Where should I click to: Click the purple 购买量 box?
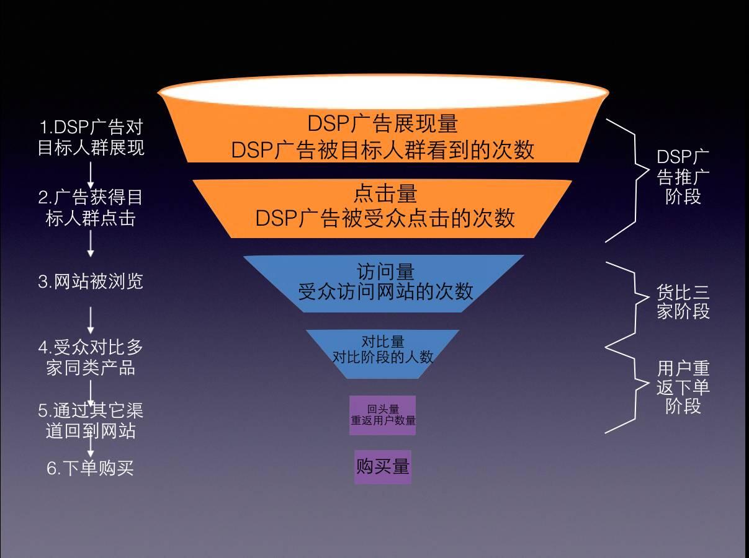pyautogui.click(x=382, y=467)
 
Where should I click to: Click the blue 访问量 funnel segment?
pyautogui.click(x=384, y=283)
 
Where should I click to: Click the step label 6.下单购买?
pyautogui.click(x=91, y=468)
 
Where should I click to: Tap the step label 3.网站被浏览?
pyautogui.click(x=91, y=281)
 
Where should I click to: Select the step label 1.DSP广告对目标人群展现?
pyautogui.click(x=91, y=138)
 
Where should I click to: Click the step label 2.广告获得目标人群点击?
pyautogui.click(x=91, y=208)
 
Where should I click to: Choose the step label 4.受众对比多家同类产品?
pyautogui.click(x=91, y=356)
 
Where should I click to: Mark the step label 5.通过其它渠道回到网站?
pyautogui.click(x=91, y=420)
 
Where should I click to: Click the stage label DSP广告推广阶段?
pyautogui.click(x=683, y=177)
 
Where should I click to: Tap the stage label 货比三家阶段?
pyautogui.click(x=683, y=301)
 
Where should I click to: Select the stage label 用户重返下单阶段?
pyautogui.click(x=683, y=387)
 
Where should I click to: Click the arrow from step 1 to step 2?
pyautogui.click(x=91, y=175)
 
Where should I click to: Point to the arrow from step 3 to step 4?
pyautogui.click(x=91, y=320)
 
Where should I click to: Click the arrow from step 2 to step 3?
pyautogui.click(x=91, y=244)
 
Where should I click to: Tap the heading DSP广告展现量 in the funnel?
pyautogui.click(x=383, y=123)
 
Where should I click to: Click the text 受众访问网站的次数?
pyautogui.click(x=385, y=291)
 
